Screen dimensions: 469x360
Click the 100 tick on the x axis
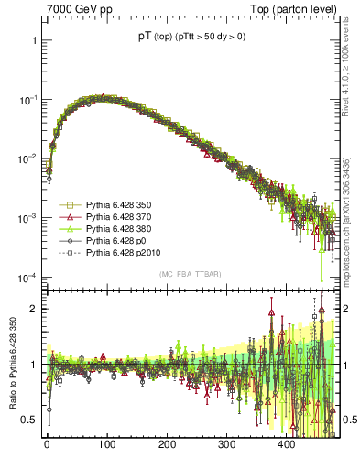click(106, 446)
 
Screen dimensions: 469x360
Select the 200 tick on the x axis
click(166, 446)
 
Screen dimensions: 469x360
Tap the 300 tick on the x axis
click(225, 446)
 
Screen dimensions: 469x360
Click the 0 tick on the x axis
click(47, 446)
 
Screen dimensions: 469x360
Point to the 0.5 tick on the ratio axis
click(29, 420)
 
